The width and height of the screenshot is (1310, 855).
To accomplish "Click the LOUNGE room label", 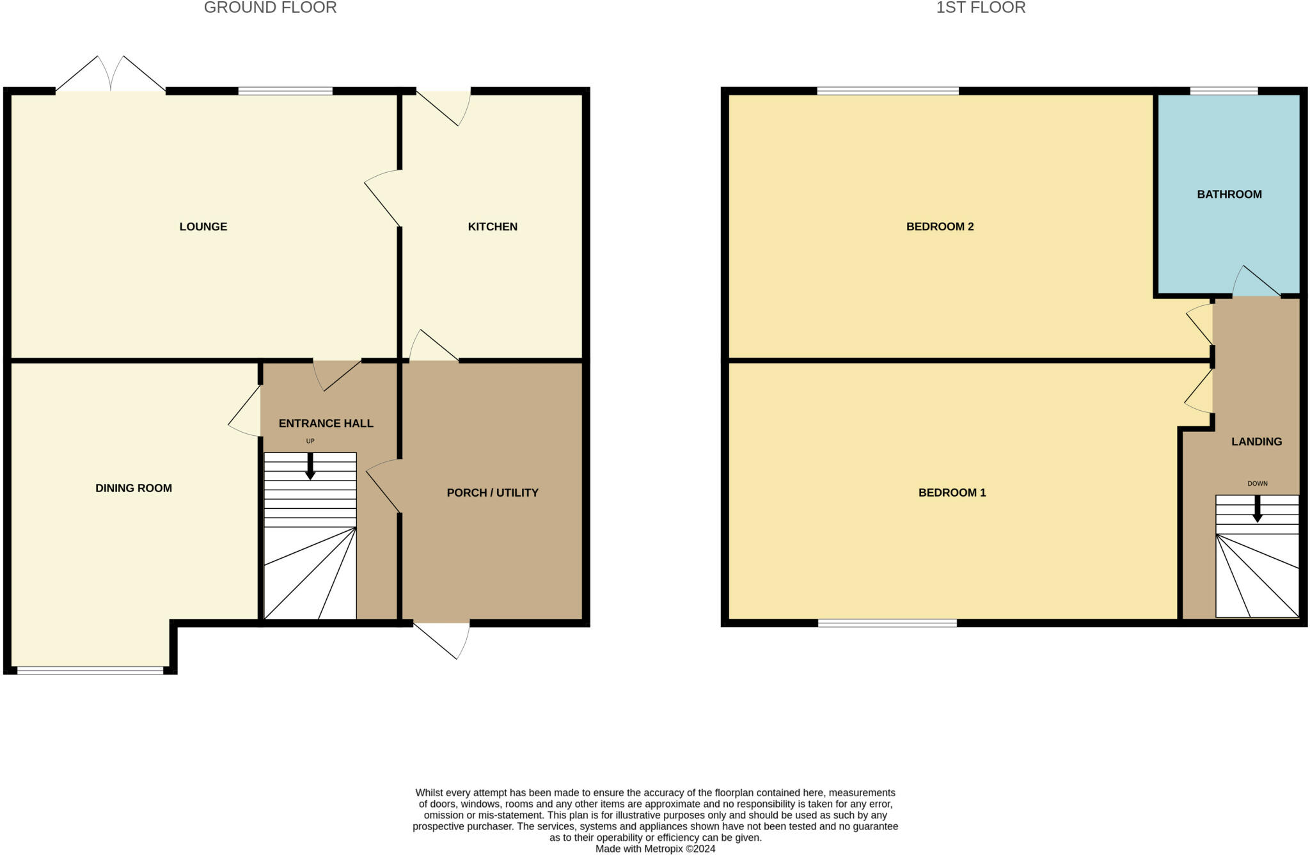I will click(203, 227).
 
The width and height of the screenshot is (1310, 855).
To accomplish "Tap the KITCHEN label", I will click(492, 227).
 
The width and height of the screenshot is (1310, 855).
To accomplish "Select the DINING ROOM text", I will click(133, 488).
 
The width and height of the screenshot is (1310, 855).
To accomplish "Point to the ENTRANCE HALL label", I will click(326, 423).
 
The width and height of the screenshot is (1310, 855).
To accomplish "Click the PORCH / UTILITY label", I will click(492, 493).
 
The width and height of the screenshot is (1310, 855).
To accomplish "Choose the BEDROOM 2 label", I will click(940, 227).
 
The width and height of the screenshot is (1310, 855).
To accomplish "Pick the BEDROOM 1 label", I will click(952, 493).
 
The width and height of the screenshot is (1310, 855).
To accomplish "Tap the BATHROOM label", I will click(1229, 195).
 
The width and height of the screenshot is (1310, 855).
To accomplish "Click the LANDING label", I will click(1256, 442).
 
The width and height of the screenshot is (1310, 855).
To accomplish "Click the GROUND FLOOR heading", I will click(270, 8).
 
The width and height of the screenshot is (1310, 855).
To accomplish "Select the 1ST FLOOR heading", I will click(981, 8).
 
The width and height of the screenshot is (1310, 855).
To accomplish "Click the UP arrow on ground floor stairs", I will click(310, 467).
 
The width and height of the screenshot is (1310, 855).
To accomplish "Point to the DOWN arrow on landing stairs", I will click(1257, 509).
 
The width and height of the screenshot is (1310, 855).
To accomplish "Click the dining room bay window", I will click(90, 670).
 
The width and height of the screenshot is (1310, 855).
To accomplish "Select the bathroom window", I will click(1223, 91).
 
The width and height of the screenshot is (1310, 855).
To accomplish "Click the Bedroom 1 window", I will click(887, 623).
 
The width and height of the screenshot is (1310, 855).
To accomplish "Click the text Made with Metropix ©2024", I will click(655, 849).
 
